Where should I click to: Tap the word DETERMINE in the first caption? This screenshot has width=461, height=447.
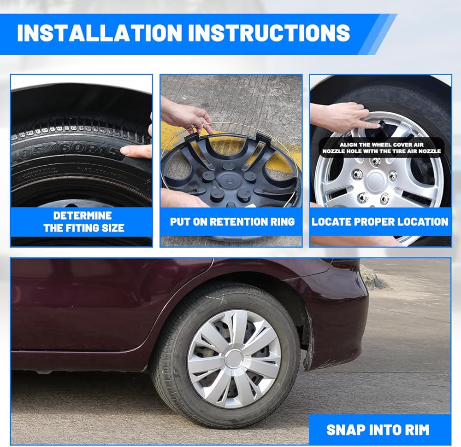point(83,216)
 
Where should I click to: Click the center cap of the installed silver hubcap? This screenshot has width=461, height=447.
point(234,359)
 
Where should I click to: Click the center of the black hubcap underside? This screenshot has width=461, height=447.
point(229,178)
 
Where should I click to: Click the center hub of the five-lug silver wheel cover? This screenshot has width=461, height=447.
point(375,181)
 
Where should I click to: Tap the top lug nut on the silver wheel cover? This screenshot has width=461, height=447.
point(375,162)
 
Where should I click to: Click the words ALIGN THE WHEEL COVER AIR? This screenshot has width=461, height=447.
point(382,145)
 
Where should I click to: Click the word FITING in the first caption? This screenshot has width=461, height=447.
point(84,228)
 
